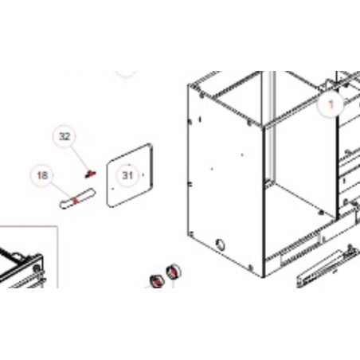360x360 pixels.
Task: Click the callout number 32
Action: pos(65,136)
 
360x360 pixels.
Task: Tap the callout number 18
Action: pos(42,175)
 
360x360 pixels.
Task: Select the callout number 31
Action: pos(127,175)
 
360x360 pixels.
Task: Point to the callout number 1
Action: pos(331,104)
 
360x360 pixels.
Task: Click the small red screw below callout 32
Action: pos(91,174)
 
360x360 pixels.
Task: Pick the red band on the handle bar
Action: pos(76,200)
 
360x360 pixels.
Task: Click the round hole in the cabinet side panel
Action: pos(220,245)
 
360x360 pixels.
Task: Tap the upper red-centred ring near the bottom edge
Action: pos(174,272)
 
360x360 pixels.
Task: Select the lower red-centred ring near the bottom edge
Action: pos(157,281)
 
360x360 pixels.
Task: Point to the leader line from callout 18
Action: pos(61,190)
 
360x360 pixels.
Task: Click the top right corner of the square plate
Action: pos(150,145)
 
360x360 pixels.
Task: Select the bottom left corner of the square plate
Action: pos(109,205)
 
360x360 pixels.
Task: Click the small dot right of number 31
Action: pos(143,174)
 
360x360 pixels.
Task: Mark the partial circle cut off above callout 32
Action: pos(127,75)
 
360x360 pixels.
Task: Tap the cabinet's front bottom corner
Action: pos(264,277)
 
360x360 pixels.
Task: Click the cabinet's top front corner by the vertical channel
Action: pos(263,127)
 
